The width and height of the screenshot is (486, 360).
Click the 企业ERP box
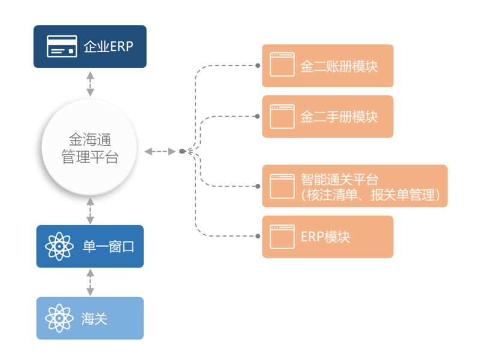pyautogui.click(x=90, y=46)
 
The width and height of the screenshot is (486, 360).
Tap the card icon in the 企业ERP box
pyautogui.click(x=62, y=46)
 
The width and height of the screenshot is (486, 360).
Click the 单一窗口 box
pyautogui.click(x=90, y=246)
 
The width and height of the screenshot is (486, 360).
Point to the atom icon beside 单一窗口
pyautogui.click(x=59, y=246)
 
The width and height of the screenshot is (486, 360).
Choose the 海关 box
pyautogui.click(x=90, y=318)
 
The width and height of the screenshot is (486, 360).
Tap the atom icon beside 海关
pyautogui.click(x=59, y=318)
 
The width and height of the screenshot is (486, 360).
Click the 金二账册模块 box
pyautogui.click(x=327, y=65)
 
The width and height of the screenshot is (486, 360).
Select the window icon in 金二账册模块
pyautogui.click(x=282, y=65)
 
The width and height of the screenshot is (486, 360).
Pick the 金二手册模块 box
pyautogui.click(x=327, y=116)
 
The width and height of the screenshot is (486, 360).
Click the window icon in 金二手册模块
pyautogui.click(x=282, y=116)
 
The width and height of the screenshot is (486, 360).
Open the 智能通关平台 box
pyautogui.click(x=355, y=186)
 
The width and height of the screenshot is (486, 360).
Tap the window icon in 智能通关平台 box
pyautogui.click(x=282, y=186)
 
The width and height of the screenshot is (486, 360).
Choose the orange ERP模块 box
pyautogui.click(x=327, y=237)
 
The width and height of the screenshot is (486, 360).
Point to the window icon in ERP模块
pyautogui.click(x=282, y=237)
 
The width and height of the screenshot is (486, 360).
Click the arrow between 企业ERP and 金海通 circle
pyautogui.click(x=90, y=84)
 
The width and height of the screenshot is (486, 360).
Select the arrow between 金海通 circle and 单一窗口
pyautogui.click(x=90, y=211)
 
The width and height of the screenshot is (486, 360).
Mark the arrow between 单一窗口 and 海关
pyautogui.click(x=90, y=282)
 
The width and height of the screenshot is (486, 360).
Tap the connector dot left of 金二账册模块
pyautogui.click(x=258, y=65)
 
